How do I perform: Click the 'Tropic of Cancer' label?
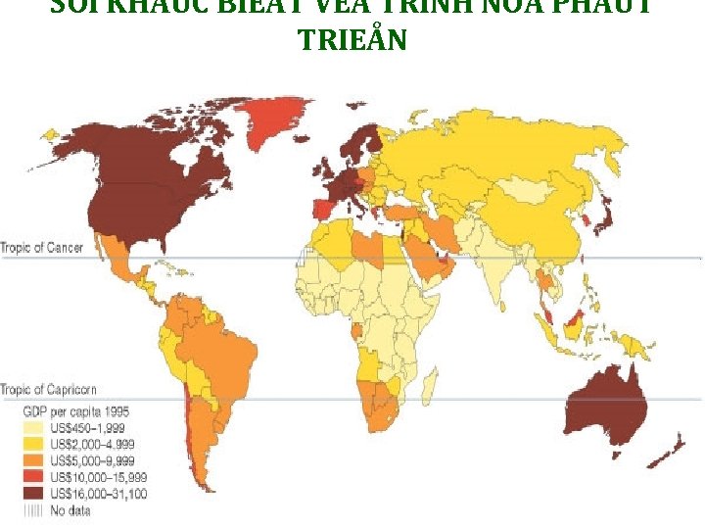pos(42,247)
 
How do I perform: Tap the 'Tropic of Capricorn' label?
pos(48,389)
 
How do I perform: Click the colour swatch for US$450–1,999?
pos(30,428)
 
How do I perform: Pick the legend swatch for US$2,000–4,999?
pos(30,442)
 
